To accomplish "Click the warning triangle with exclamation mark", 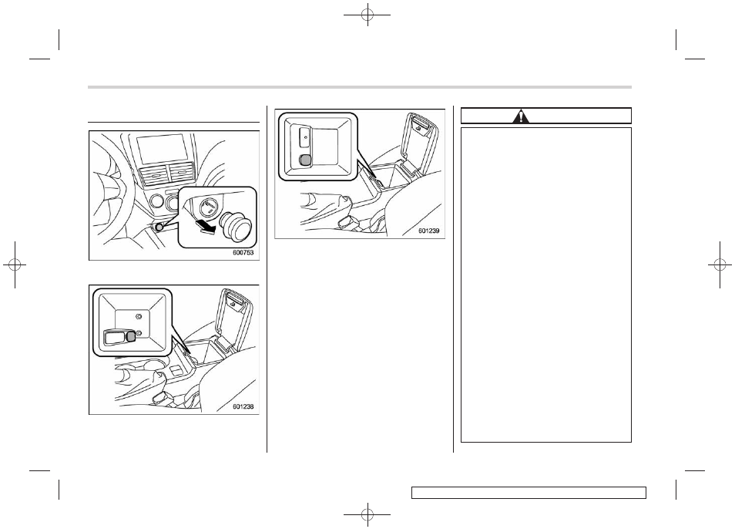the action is [x=520, y=116].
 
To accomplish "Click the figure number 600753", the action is [x=243, y=252].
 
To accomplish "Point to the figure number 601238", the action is [x=243, y=406].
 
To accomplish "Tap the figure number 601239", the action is [x=429, y=231].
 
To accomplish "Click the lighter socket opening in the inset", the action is [x=208, y=207].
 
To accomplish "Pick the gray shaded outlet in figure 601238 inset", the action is [x=131, y=335].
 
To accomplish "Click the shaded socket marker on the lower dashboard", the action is [x=160, y=227].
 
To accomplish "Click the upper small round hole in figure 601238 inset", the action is [x=138, y=316].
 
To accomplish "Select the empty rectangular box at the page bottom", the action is [x=529, y=493].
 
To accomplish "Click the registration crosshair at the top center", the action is [x=367, y=15].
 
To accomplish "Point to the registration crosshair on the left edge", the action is [x=15, y=265].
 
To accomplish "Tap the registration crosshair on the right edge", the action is [x=720, y=265].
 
